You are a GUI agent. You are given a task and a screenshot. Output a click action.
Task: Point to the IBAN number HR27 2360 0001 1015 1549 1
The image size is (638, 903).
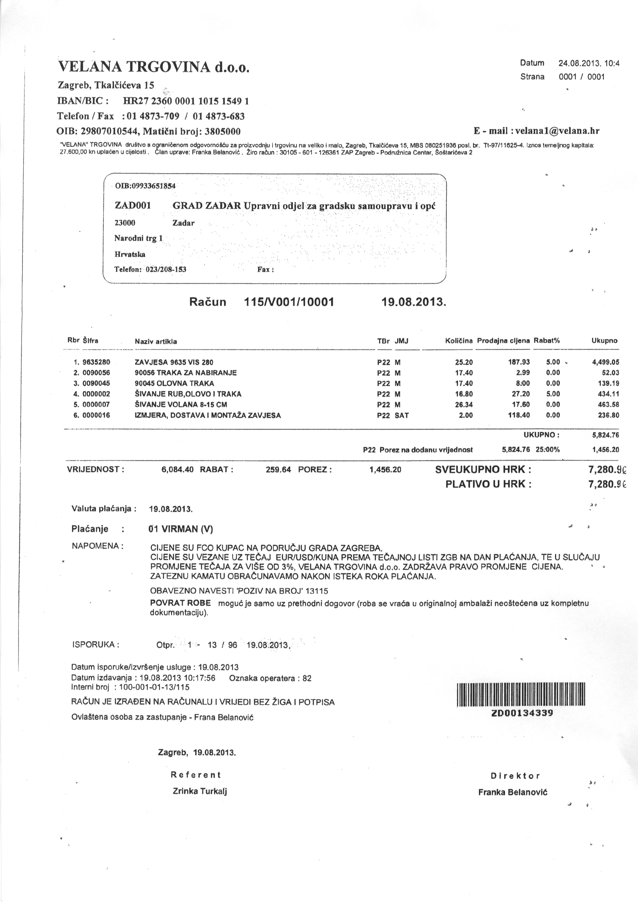point(186,101)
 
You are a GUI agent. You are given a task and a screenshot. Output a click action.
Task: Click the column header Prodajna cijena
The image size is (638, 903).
point(503,341)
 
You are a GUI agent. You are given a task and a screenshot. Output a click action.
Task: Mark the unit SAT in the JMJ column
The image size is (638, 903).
point(402,415)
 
